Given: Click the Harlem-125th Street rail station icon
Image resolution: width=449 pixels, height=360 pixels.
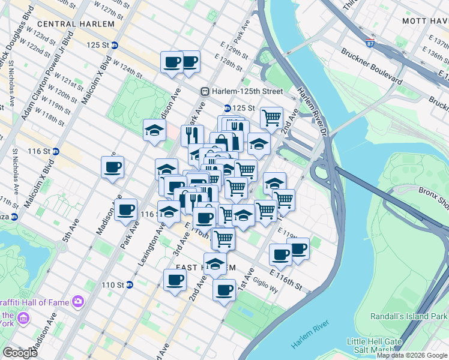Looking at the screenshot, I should coord(205,91).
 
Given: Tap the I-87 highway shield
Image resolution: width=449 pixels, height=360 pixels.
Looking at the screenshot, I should coord(370,44).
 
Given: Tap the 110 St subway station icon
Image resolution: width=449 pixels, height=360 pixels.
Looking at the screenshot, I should coord(129,284).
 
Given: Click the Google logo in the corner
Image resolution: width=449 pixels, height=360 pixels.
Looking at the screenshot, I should coord(20,353).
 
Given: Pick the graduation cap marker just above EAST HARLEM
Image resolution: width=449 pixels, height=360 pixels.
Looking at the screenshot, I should coord(215,262).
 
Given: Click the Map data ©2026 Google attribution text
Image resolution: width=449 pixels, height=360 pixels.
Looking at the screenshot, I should coord(412,355).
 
